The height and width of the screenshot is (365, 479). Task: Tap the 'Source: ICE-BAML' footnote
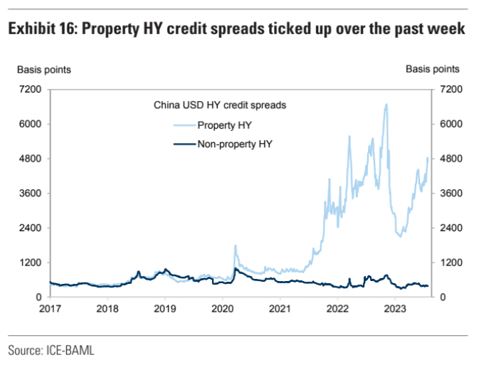click(51, 350)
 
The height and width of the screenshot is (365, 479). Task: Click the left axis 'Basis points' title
click(43, 69)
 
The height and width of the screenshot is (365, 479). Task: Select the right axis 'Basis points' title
click(432, 69)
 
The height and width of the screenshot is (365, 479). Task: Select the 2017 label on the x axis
click(50, 310)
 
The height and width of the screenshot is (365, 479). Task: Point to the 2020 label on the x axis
click(223, 310)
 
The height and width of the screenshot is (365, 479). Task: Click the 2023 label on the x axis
click(395, 310)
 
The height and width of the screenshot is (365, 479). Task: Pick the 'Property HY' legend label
click(225, 125)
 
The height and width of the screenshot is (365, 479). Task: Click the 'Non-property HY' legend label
click(235, 143)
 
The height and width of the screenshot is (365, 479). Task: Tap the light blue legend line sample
click(184, 125)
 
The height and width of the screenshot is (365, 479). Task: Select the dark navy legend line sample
click(184, 143)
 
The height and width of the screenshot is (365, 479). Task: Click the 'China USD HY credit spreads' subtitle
click(220, 105)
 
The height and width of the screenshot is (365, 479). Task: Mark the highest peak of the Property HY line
click(386, 105)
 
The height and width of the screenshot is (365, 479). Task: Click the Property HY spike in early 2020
click(235, 245)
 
